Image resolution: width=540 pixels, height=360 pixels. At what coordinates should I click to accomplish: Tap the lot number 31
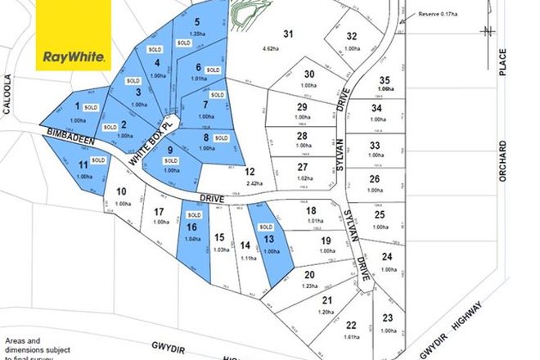point(287,34)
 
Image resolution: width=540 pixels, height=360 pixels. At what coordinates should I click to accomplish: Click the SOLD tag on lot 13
point(267,227)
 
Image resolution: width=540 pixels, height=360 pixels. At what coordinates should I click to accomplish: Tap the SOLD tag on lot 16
point(192,215)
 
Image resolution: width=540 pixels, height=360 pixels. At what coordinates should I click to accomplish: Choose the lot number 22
point(352,324)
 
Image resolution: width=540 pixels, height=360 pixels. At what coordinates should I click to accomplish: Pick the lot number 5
point(198,22)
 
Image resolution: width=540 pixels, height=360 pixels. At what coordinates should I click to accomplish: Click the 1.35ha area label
point(198,34)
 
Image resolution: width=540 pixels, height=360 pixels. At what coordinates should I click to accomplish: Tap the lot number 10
point(121,192)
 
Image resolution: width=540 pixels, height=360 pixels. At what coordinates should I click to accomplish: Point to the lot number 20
point(309,275)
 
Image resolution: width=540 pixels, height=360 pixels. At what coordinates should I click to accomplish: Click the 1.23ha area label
point(309,286)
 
